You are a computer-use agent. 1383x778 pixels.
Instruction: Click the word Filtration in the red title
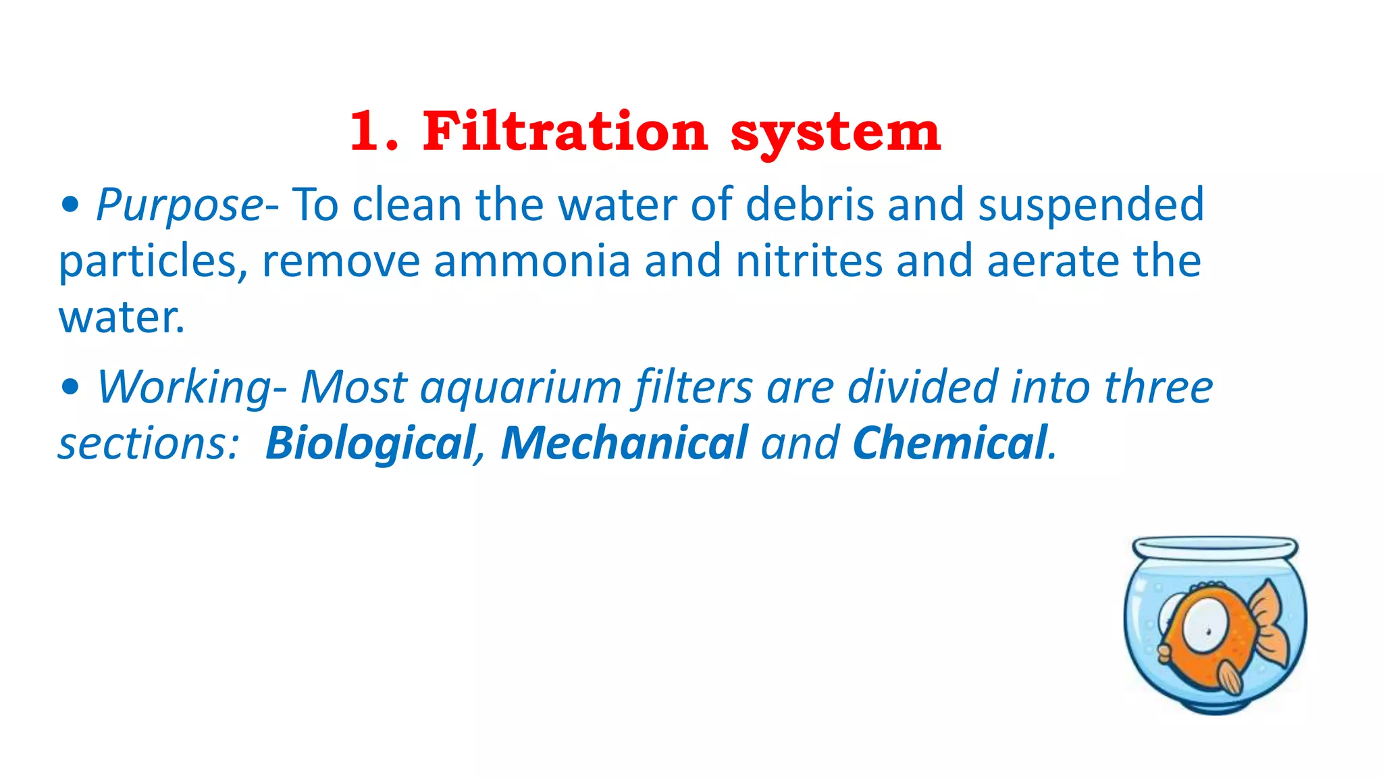click(x=565, y=131)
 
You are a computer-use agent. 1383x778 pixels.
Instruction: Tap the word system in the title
click(x=835, y=134)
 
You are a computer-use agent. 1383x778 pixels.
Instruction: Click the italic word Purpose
click(x=180, y=205)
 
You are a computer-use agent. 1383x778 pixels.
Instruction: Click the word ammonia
click(x=532, y=261)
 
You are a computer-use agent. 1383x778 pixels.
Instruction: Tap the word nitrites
click(x=809, y=261)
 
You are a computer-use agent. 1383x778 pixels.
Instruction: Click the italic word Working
click(x=184, y=388)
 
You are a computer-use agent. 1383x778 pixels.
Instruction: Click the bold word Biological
click(x=371, y=443)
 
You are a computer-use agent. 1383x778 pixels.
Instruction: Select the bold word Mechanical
click(x=624, y=443)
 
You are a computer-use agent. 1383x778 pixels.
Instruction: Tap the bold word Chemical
click(x=949, y=443)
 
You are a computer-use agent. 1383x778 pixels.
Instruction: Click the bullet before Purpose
click(x=70, y=205)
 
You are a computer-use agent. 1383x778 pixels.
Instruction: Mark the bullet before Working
click(x=70, y=388)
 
